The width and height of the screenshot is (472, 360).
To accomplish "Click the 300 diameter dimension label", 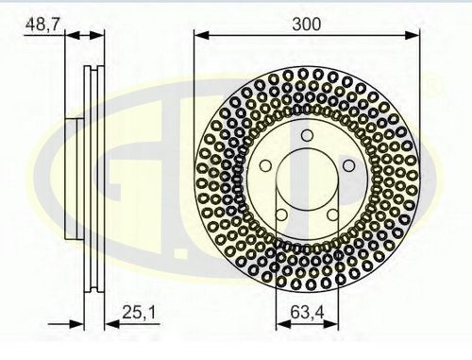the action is pos(307,25).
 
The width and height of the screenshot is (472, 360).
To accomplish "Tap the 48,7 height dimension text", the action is pos(42,25).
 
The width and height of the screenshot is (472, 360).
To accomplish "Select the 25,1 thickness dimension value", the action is pos(139,313).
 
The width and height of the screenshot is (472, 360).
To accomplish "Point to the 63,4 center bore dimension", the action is pos(307,313).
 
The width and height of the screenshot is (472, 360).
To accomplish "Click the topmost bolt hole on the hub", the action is pos(307,136).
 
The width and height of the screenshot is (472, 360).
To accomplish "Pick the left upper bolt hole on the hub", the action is pos(266,165).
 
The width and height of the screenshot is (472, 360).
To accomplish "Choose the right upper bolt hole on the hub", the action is pos(348,165).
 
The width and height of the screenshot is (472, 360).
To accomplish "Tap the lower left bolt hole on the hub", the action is pos(281,214).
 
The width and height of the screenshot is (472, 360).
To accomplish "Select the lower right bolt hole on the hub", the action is pos(332,214).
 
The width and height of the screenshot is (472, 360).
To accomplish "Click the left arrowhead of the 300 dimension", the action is pos(202,35).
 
